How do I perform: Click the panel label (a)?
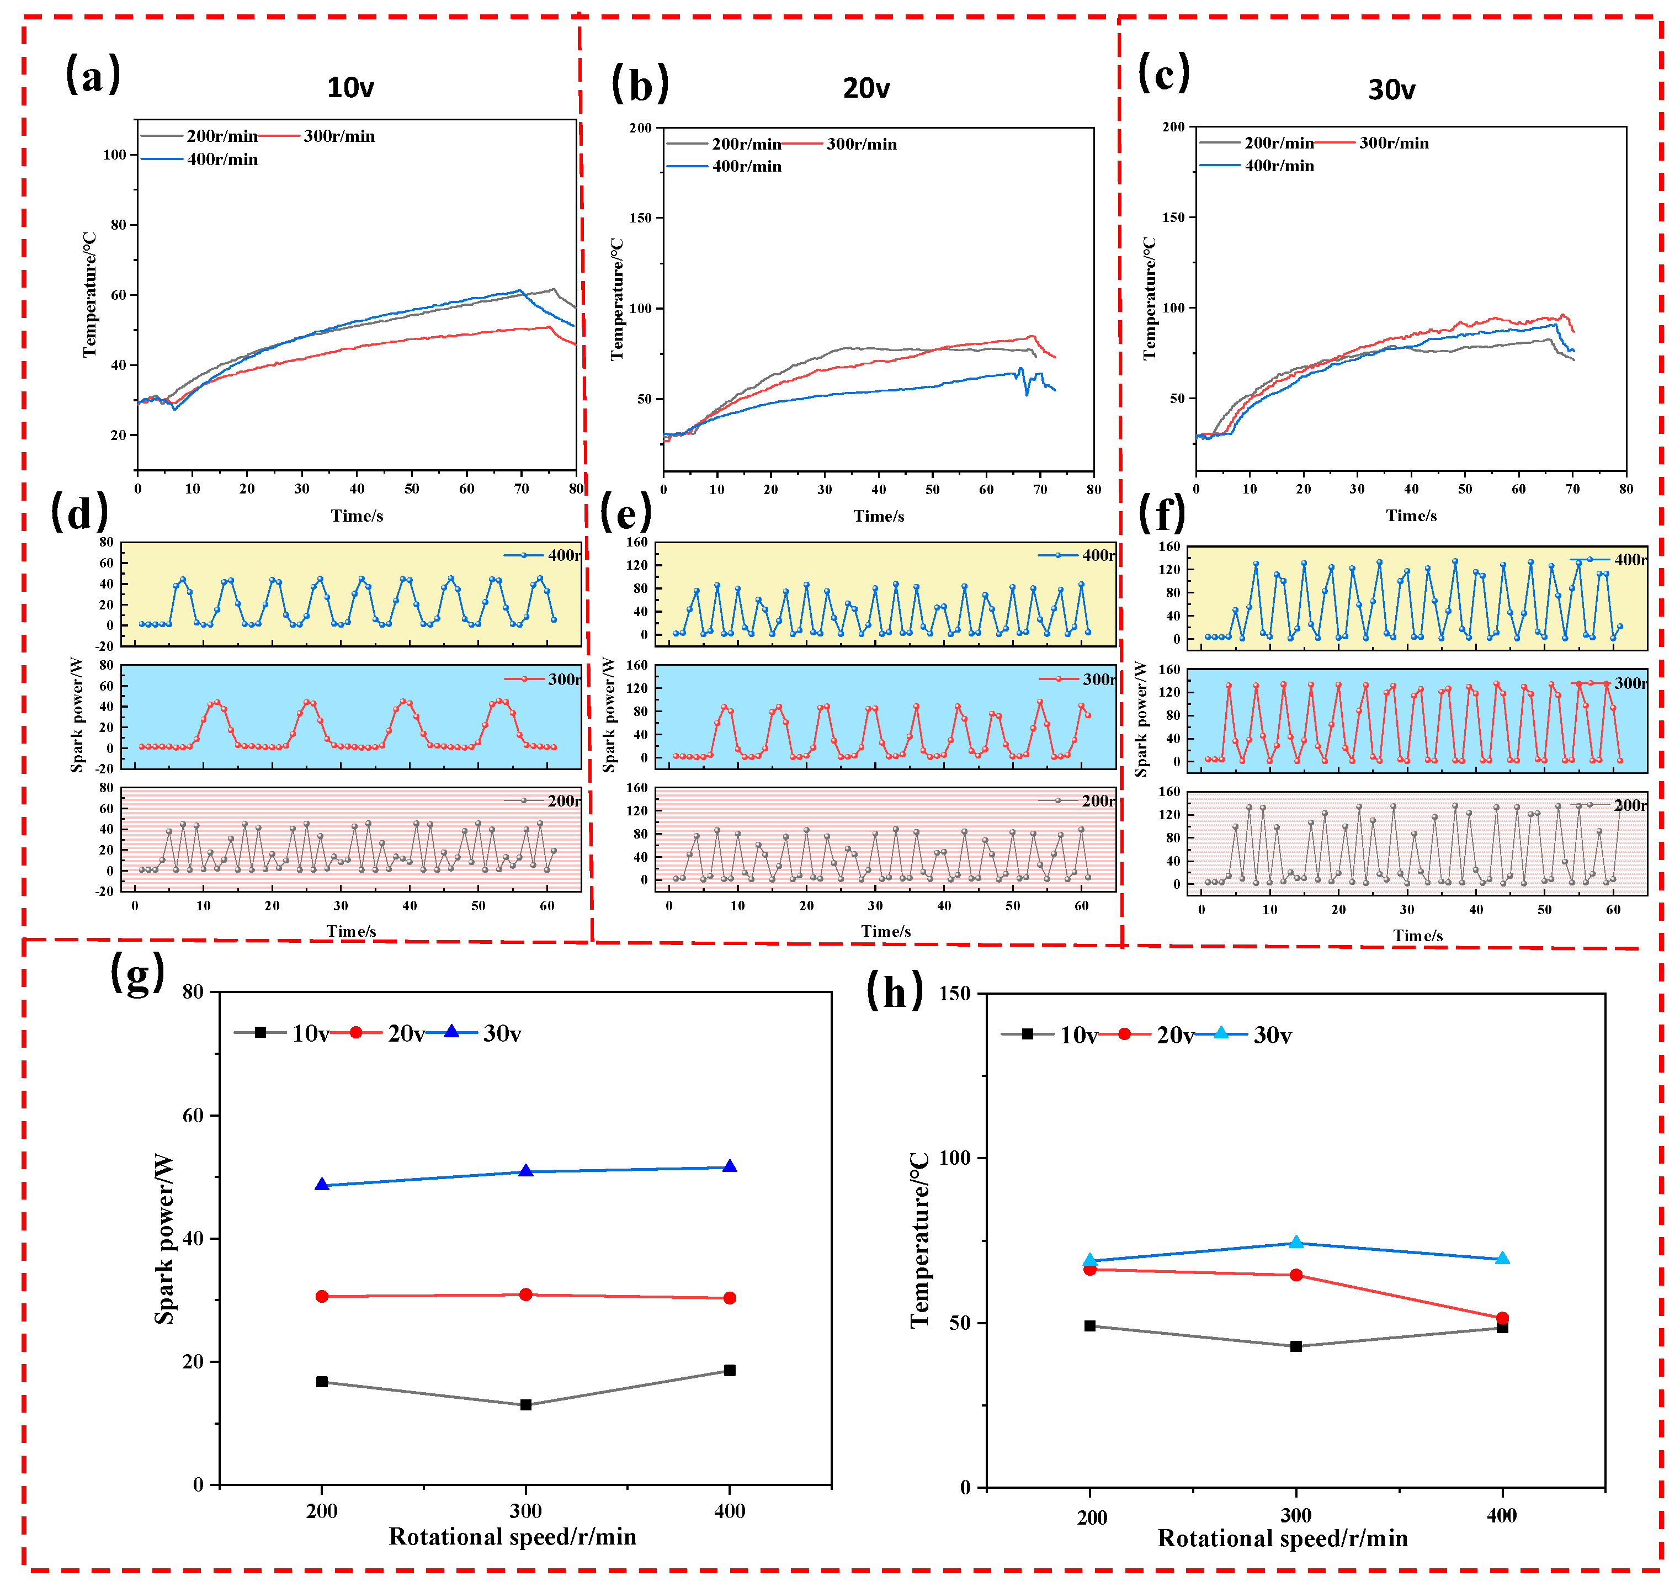click(x=93, y=74)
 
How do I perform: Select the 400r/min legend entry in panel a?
click(x=221, y=160)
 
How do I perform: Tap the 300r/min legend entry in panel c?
click(x=1393, y=142)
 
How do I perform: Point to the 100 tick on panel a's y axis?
click(x=115, y=155)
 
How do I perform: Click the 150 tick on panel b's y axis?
click(x=641, y=218)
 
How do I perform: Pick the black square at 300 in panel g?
click(x=525, y=1404)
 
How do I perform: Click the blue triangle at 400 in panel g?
click(x=729, y=1167)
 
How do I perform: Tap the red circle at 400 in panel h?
click(x=1502, y=1318)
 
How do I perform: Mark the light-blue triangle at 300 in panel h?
click(x=1296, y=1243)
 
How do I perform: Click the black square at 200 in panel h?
click(x=1089, y=1325)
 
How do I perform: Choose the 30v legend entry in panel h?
click(x=1272, y=1036)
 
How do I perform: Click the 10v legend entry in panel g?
click(x=310, y=1033)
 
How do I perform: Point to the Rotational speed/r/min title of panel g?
click(x=513, y=1537)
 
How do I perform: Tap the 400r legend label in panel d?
click(x=564, y=555)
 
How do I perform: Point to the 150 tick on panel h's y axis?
click(x=955, y=993)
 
